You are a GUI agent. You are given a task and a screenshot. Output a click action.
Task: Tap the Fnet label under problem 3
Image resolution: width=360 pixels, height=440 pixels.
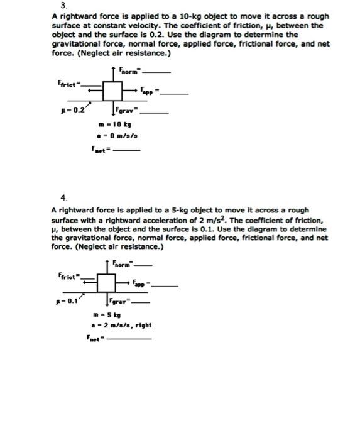[x=101, y=150]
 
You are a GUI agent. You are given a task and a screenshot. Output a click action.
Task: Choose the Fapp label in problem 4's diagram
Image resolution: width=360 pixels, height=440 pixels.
[x=142, y=285]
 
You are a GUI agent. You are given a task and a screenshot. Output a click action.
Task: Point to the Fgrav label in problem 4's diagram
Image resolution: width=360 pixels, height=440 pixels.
[x=122, y=302]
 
